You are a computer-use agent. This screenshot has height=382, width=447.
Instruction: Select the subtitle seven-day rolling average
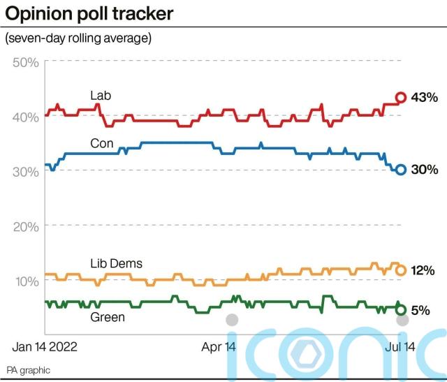click(78, 38)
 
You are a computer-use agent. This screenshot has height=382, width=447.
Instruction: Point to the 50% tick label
click(25, 62)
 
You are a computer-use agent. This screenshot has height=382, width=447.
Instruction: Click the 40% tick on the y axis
click(25, 117)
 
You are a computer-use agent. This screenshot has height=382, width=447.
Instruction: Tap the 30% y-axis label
click(25, 172)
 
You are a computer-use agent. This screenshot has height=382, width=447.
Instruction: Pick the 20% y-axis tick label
click(25, 226)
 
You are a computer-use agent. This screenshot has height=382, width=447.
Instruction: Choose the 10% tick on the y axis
click(25, 281)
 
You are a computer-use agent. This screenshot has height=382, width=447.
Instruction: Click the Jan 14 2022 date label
click(45, 346)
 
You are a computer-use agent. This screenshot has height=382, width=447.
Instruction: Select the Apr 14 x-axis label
click(219, 346)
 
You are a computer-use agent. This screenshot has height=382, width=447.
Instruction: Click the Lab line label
click(101, 95)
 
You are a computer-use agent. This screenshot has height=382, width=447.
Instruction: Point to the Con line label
click(101, 142)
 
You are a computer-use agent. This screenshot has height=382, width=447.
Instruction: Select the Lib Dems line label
click(116, 263)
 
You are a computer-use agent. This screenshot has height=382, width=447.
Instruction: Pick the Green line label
click(108, 317)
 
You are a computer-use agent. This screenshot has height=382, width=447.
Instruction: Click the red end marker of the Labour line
click(401, 98)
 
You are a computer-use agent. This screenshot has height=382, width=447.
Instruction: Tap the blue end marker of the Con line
click(401, 170)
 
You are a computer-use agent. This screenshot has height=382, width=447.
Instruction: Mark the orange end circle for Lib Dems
click(401, 270)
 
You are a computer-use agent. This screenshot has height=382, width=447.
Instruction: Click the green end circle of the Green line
click(401, 309)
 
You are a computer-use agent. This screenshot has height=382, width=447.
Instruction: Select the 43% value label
click(425, 98)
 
